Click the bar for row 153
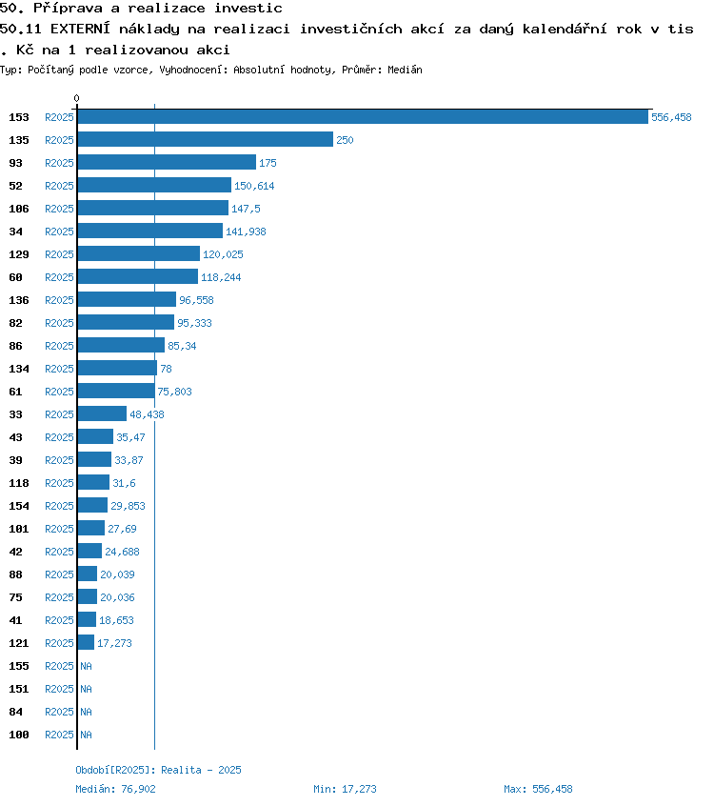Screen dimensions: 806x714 click(363, 117)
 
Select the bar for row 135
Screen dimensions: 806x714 click(206, 140)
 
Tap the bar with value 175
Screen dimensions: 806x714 click(167, 163)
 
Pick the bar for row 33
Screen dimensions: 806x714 click(102, 414)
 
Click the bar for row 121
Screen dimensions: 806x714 click(86, 643)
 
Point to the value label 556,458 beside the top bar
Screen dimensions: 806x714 click(671, 117)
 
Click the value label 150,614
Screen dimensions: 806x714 click(254, 186)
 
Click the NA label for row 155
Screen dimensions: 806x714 click(86, 666)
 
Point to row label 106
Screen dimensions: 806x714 click(19, 209)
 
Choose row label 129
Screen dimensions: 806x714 click(19, 254)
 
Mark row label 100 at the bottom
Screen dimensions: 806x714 click(19, 735)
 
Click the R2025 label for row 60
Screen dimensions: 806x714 click(59, 277)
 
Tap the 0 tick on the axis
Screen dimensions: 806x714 click(77, 98)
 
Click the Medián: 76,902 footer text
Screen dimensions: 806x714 click(115, 789)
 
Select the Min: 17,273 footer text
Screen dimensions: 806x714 click(345, 789)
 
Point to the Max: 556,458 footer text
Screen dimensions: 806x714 click(538, 789)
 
